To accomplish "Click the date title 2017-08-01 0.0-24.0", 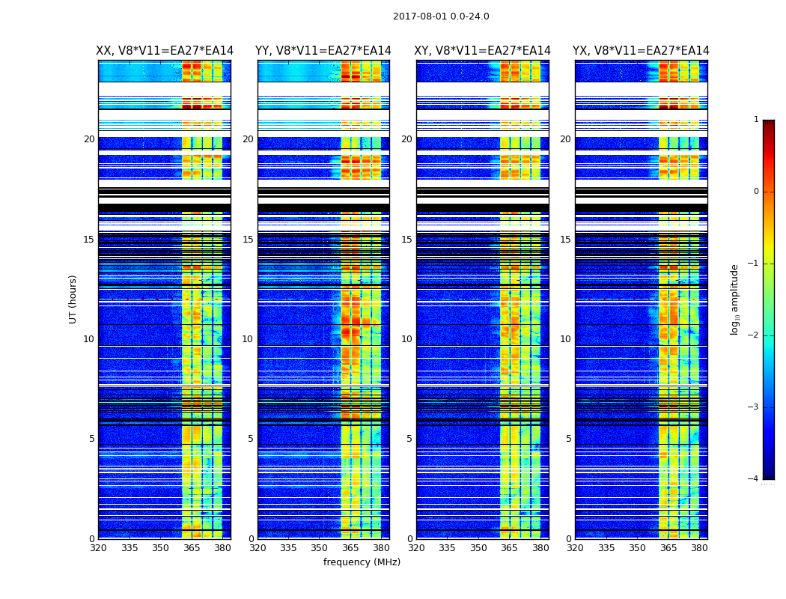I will click(x=441, y=16).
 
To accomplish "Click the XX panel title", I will click(x=165, y=51).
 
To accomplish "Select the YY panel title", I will click(x=323, y=51).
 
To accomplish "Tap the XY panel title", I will click(x=483, y=51).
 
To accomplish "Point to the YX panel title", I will click(x=641, y=51).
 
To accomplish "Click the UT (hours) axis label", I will click(x=73, y=299).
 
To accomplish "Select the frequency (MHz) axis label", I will click(x=362, y=562).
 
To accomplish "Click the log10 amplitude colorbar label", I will click(x=735, y=299).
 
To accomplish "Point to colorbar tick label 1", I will click(x=756, y=120).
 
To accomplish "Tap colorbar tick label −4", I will click(x=755, y=479).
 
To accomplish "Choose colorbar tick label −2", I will click(x=755, y=335).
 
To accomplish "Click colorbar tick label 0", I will click(x=756, y=192).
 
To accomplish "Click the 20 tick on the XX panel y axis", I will click(x=89, y=139).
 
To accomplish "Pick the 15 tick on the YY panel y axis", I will click(x=248, y=240).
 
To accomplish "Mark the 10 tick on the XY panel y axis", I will click(x=406, y=339).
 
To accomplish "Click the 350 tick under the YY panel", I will click(x=320, y=548).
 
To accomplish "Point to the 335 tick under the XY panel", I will click(x=448, y=548).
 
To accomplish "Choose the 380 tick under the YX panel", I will click(x=699, y=548).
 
